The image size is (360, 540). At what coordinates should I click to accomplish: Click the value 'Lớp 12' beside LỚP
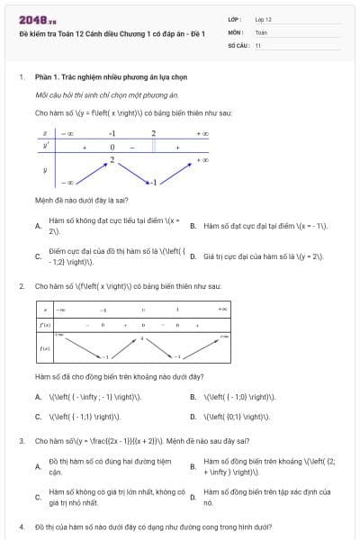coord(263,19)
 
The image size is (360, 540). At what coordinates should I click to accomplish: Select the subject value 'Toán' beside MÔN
coord(261,31)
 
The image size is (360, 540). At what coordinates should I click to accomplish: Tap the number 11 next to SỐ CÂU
coord(258,44)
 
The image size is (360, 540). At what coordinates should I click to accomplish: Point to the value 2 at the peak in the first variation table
coord(112,159)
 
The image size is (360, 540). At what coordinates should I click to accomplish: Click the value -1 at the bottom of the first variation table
coord(153,182)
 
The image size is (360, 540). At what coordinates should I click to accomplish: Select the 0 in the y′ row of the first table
coord(112,146)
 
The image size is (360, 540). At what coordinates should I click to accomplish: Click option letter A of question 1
coord(37,226)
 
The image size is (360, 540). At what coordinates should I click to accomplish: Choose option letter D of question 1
coord(193,256)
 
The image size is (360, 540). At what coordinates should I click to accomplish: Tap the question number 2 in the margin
coord(21,286)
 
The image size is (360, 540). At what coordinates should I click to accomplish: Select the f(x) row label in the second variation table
coord(44,346)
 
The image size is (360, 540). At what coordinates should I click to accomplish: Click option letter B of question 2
coord(193,397)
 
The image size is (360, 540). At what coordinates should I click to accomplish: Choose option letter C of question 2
coord(37,417)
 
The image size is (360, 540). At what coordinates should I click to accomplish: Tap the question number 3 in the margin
coord(21,441)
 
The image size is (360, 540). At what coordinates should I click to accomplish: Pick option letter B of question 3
coord(193,466)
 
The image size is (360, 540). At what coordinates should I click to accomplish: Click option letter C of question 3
coord(37,497)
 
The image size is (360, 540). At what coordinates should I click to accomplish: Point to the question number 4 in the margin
coord(21,526)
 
